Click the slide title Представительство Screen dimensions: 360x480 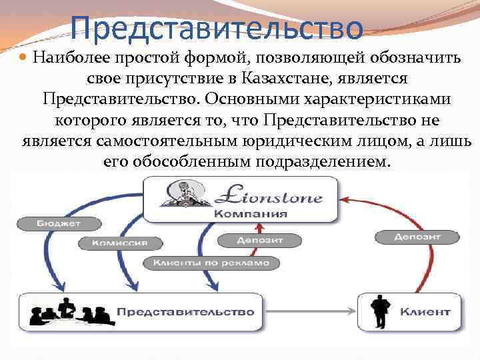[217, 28]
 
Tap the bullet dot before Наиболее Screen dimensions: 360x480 [23, 59]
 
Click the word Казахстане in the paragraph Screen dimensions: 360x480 [273, 79]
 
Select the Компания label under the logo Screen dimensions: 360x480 [251, 213]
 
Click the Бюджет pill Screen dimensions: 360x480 [59, 223]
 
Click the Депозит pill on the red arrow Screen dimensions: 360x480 [417, 237]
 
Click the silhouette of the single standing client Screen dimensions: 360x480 [381, 309]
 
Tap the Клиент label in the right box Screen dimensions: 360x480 [425, 311]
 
